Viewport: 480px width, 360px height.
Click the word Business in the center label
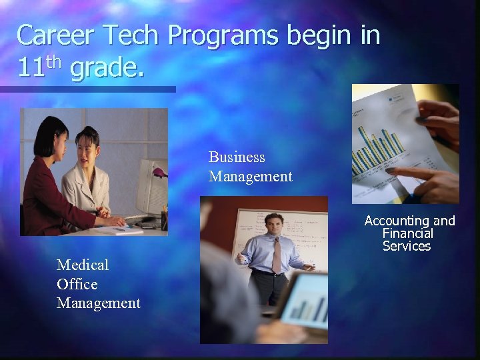237,157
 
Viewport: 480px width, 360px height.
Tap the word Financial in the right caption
407,233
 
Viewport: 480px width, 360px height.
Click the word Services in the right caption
407,246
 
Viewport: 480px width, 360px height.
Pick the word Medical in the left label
83,265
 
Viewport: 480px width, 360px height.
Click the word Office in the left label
77,284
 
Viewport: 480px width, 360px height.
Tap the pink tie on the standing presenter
275,254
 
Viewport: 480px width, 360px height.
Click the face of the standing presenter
273,226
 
